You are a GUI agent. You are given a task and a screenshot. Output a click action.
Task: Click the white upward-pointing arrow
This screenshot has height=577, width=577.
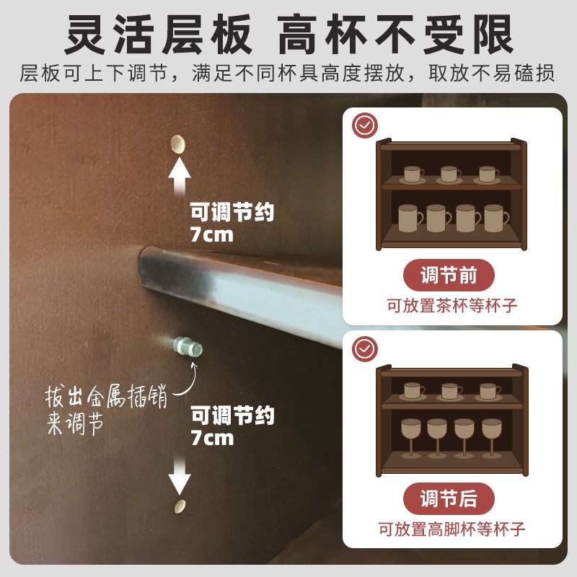click(x=179, y=177)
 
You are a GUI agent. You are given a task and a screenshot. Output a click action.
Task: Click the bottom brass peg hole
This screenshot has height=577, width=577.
click(x=180, y=507)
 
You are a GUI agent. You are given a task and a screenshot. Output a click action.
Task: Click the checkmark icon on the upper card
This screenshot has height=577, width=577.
click(x=365, y=125)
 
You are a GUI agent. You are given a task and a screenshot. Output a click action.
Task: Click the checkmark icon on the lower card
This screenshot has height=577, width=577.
click(x=365, y=348)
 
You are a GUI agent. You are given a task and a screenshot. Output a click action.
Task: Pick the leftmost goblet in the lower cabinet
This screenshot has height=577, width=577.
click(x=410, y=434)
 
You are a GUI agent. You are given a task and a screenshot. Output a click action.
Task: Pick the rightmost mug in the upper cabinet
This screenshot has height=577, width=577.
click(x=495, y=217)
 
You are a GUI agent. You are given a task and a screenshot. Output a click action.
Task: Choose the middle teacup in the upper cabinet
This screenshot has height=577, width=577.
click(x=450, y=174)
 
